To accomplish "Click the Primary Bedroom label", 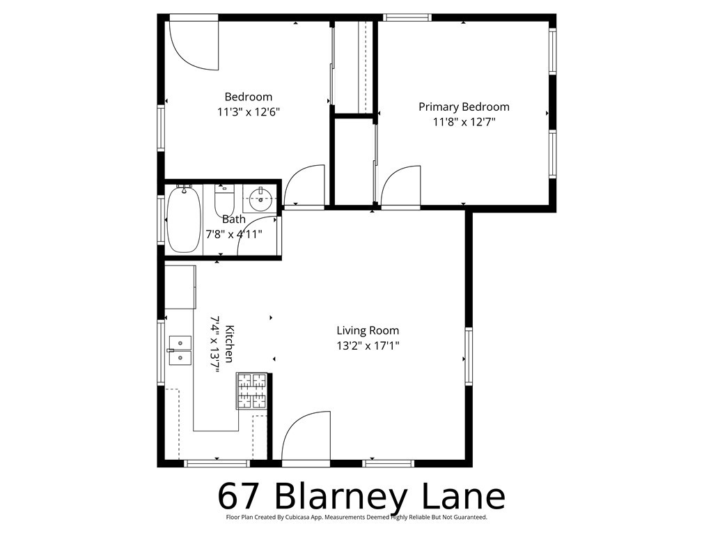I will pyautogui.click(x=464, y=107).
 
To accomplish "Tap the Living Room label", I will pyautogui.click(x=368, y=331).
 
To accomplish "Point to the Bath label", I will pyautogui.click(x=233, y=219).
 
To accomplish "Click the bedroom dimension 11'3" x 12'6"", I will pyautogui.click(x=249, y=111).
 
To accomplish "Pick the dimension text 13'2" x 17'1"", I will pyautogui.click(x=368, y=345).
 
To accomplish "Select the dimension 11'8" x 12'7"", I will pyautogui.click(x=464, y=121).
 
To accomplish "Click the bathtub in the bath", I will pyautogui.click(x=184, y=219).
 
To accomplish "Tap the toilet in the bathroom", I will pyautogui.click(x=224, y=201).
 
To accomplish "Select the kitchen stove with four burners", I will pyautogui.click(x=251, y=391).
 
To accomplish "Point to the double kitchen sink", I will pyautogui.click(x=180, y=350).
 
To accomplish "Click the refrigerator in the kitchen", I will pyautogui.click(x=180, y=287).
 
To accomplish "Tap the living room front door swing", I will pyautogui.click(x=303, y=436).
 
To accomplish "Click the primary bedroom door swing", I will pyautogui.click(x=400, y=185).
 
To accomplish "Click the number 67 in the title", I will pyautogui.click(x=240, y=497).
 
